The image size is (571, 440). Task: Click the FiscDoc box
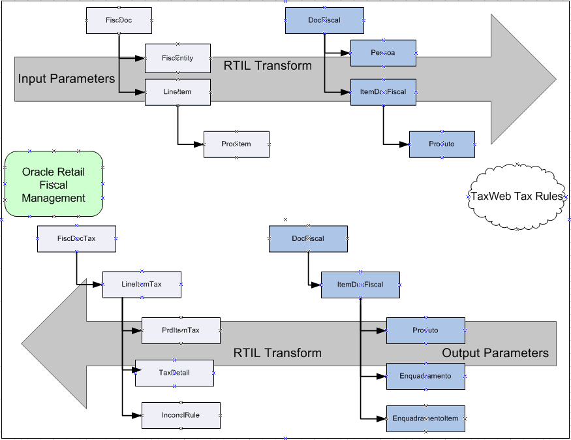click(x=119, y=21)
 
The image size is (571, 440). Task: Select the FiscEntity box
click(x=177, y=58)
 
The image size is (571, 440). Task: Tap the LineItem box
click(x=177, y=92)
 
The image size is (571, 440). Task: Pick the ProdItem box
click(x=236, y=144)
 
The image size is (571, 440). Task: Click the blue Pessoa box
click(x=383, y=53)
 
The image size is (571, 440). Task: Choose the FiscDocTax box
click(x=76, y=239)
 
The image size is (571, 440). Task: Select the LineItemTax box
click(x=142, y=285)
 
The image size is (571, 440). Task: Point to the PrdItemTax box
click(x=181, y=331)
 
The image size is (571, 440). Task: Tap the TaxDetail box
click(x=174, y=373)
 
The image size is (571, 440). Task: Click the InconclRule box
click(x=181, y=415)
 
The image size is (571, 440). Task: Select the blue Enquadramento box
click(x=425, y=376)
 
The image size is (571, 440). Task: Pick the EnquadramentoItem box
click(x=425, y=418)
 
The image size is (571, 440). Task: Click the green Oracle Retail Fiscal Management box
click(x=54, y=184)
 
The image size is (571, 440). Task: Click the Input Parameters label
click(x=67, y=79)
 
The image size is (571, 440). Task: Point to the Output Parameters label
click(x=495, y=353)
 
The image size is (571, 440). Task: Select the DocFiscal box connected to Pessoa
click(x=324, y=21)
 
